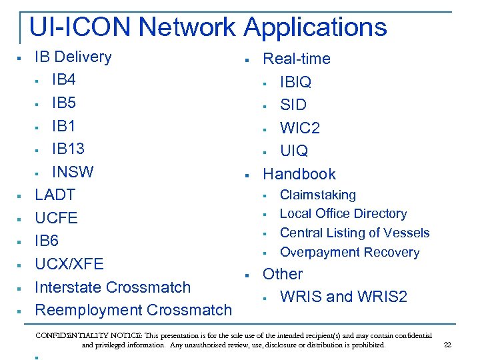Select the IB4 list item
pyautogui.click(x=64, y=80)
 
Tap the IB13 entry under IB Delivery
pyautogui.click(x=69, y=148)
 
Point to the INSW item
pyautogui.click(x=73, y=171)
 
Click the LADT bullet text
pyautogui.click(x=55, y=195)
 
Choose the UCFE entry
pyautogui.click(x=56, y=218)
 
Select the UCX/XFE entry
pyautogui.click(x=69, y=264)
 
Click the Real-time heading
pyautogui.click(x=297, y=59)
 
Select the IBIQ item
pyautogui.click(x=295, y=82)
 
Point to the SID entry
pyautogui.click(x=293, y=105)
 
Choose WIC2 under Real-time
pyautogui.click(x=300, y=128)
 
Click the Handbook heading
pyautogui.click(x=299, y=174)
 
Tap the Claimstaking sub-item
pyautogui.click(x=318, y=195)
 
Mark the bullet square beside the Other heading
pyautogui.click(x=247, y=275)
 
